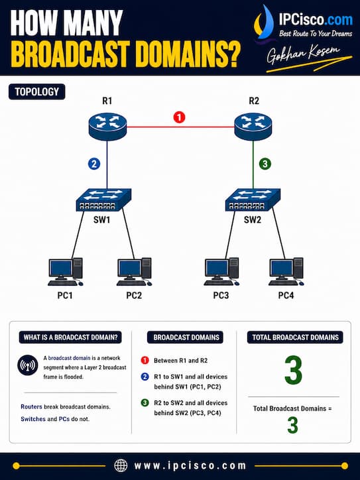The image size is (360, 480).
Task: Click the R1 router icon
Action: click(x=107, y=126)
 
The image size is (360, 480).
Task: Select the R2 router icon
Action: click(x=253, y=126)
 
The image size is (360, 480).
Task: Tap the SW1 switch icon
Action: click(x=104, y=200)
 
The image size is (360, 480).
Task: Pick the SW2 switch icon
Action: click(x=253, y=200)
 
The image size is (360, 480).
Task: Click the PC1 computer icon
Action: click(x=66, y=272)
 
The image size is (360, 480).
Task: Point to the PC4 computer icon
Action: click(x=286, y=272)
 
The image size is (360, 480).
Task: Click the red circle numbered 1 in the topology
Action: click(x=180, y=117)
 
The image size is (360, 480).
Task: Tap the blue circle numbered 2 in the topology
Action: click(x=94, y=164)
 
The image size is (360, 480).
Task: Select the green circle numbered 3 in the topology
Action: click(x=265, y=164)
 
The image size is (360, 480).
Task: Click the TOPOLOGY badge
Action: click(x=36, y=91)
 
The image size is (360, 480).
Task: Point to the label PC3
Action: click(x=221, y=296)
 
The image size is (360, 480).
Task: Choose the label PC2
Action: click(x=134, y=296)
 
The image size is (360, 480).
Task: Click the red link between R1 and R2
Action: click(x=180, y=127)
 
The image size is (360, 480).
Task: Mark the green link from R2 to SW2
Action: click(x=253, y=164)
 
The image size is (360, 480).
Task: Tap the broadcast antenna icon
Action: click(x=28, y=365)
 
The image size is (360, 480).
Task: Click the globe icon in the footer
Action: click(x=121, y=465)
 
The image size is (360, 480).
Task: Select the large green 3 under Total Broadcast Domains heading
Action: click(x=293, y=370)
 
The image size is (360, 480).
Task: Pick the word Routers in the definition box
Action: click(x=32, y=407)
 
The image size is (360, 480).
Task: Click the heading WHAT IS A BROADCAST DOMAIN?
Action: click(x=70, y=337)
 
